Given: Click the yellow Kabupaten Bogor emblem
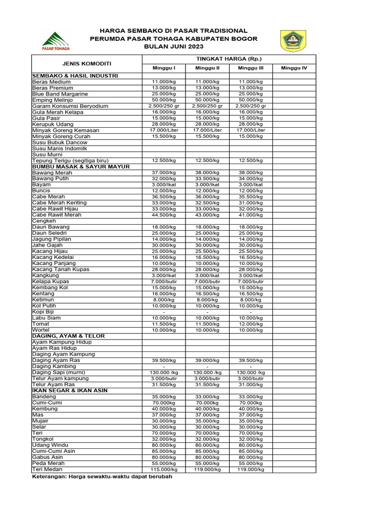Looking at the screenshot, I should click(294, 41).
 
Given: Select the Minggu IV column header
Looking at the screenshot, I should click(294, 68).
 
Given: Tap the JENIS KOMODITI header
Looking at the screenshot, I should click(87, 64).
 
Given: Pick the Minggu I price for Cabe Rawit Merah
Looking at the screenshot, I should click(164, 215).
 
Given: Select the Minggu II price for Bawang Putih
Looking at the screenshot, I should click(207, 178).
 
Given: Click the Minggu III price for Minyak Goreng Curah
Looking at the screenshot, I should click(251, 136).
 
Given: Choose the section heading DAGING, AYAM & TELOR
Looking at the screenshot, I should click(68, 336).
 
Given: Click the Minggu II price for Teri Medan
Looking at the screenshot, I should click(207, 469).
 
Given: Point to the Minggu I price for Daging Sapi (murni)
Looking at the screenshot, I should click(164, 372).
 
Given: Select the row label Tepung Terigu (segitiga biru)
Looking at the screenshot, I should click(70, 161).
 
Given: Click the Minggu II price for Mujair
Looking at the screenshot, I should click(207, 421).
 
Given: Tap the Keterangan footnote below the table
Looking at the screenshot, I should click(102, 476).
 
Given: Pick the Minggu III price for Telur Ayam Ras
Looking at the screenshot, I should click(251, 385).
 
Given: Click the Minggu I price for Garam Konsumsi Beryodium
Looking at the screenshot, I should click(164, 106).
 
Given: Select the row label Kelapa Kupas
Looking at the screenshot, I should click(51, 281).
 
